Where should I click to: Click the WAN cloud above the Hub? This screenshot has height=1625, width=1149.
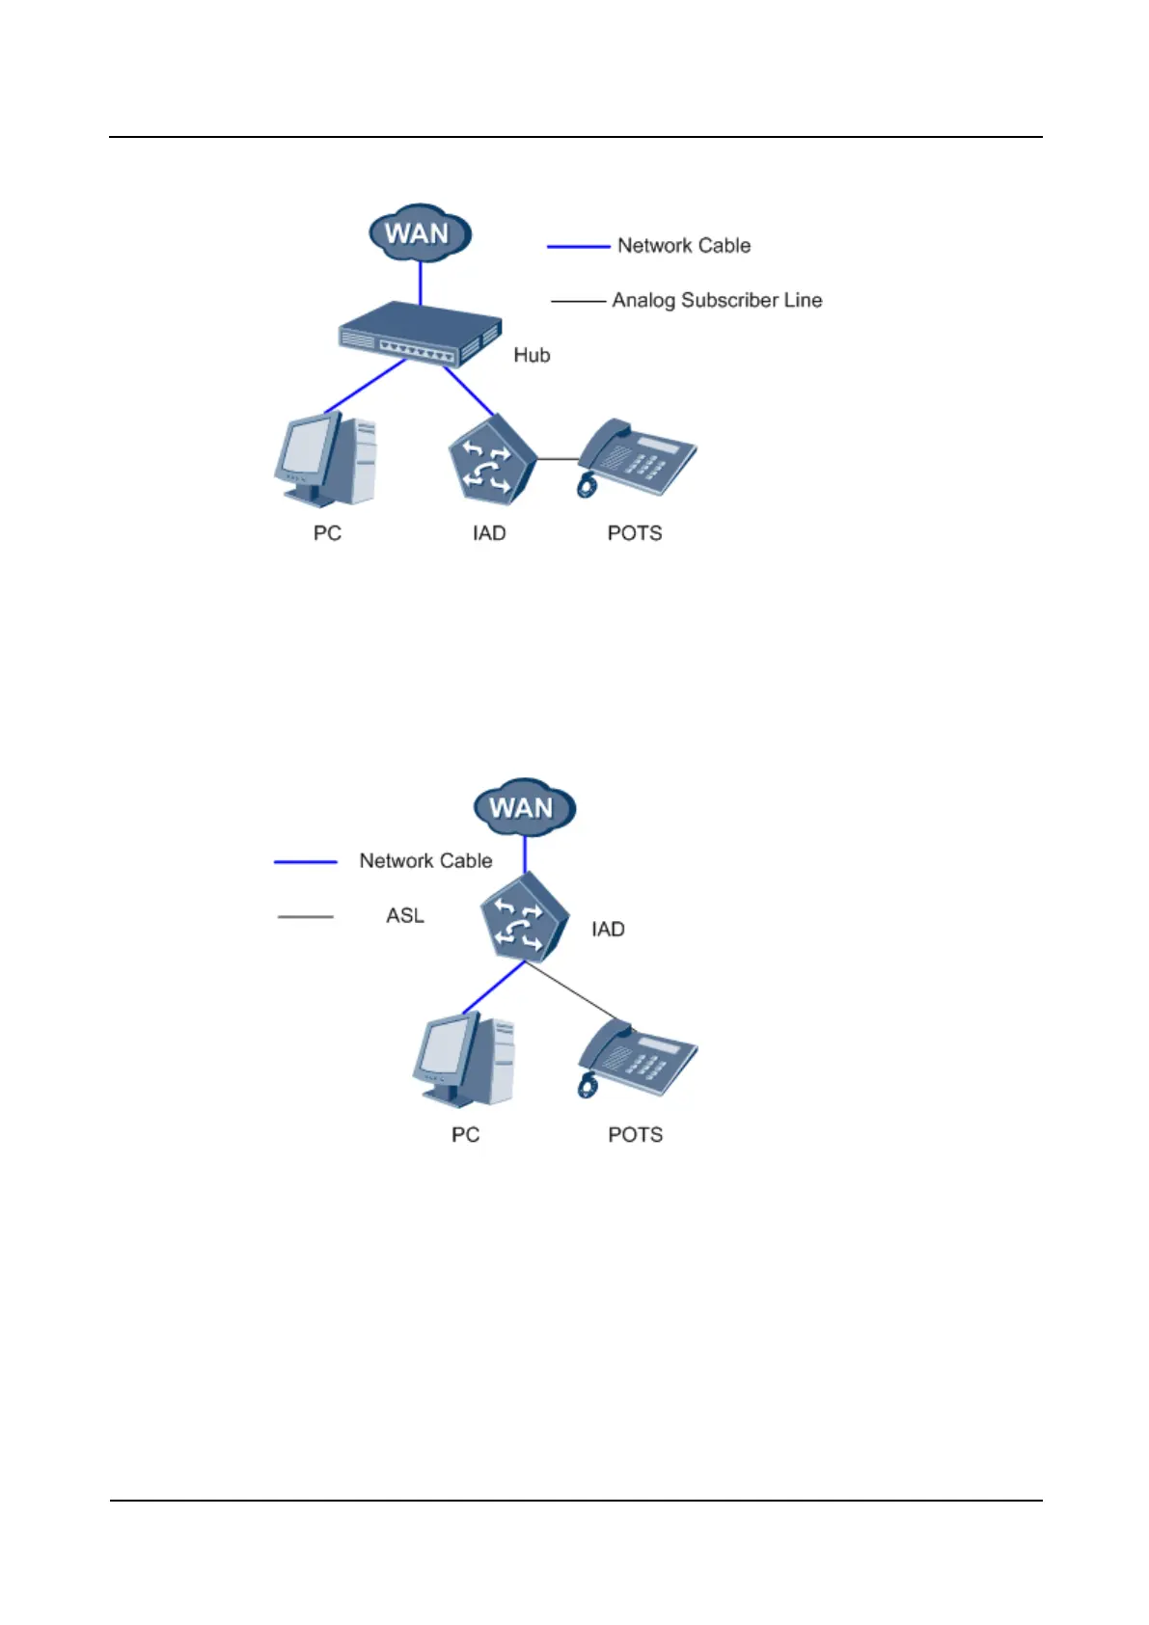[420, 232]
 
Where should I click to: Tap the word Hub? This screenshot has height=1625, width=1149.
[532, 355]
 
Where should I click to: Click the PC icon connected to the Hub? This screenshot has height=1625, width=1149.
[325, 460]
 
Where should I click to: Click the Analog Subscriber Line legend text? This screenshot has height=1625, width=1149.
[717, 300]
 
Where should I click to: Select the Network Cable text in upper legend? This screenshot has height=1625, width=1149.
[683, 246]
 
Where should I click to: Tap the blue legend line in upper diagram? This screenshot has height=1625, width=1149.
[578, 247]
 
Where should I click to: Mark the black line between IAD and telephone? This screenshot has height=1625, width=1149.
[557, 459]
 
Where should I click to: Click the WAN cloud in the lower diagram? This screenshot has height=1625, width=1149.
[524, 806]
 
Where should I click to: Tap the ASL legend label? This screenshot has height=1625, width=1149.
[405, 915]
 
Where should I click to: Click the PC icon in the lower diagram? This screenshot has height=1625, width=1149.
[464, 1061]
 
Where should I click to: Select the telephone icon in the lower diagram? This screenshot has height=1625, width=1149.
[638, 1058]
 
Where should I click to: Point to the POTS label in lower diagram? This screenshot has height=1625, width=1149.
[635, 1134]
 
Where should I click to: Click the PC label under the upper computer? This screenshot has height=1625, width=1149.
[327, 533]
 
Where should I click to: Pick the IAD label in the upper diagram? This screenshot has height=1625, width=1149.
[489, 533]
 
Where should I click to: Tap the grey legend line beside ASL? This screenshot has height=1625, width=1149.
[306, 916]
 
